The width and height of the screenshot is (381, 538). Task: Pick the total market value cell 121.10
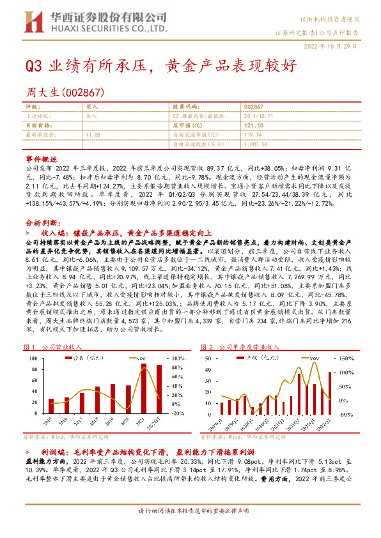coord(254,126)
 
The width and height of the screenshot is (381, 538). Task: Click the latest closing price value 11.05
coord(93,135)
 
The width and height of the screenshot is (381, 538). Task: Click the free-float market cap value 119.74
coord(253,135)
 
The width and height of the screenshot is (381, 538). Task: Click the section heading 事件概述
coord(42,158)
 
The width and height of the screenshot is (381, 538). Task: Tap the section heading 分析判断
coord(42,223)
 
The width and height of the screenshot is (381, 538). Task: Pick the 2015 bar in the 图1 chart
coord(51,403)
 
